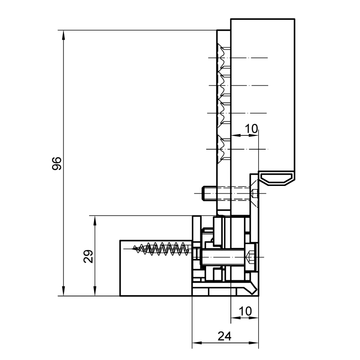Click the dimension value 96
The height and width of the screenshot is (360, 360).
click(57, 163)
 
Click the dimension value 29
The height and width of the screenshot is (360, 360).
click(88, 256)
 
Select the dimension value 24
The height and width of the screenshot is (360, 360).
click(224, 336)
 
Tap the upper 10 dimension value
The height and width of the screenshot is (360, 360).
click(252, 129)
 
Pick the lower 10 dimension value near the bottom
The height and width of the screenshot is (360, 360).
click(245, 311)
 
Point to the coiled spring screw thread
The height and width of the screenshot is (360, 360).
click(161, 249)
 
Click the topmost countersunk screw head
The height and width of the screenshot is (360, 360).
click(223, 58)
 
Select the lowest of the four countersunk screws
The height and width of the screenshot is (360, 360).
click(223, 149)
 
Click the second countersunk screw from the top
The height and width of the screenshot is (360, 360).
click(223, 85)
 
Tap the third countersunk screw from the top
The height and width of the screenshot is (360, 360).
click(223, 113)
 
